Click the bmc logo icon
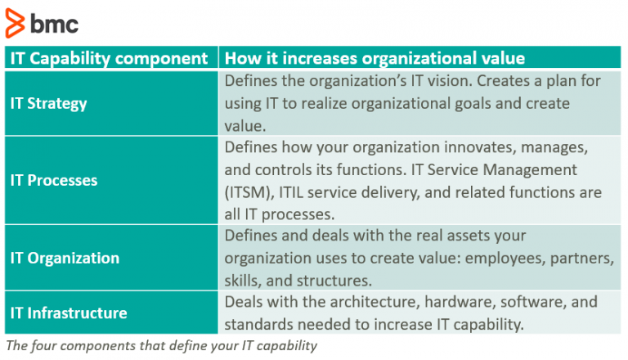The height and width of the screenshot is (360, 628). pyautogui.click(x=15, y=24)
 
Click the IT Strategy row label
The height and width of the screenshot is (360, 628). pyautogui.click(x=48, y=104)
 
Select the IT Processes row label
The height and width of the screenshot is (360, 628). pyautogui.click(x=53, y=180)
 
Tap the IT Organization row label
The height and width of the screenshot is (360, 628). pyautogui.click(x=65, y=258)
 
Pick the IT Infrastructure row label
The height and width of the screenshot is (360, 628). pyautogui.click(x=69, y=313)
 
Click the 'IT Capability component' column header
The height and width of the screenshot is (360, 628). pyautogui.click(x=109, y=58)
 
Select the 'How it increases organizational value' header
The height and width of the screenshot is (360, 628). pyautogui.click(x=375, y=58)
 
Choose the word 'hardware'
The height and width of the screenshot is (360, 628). pyautogui.click(x=446, y=301)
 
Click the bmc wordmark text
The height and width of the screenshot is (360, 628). pyautogui.click(x=54, y=25)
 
